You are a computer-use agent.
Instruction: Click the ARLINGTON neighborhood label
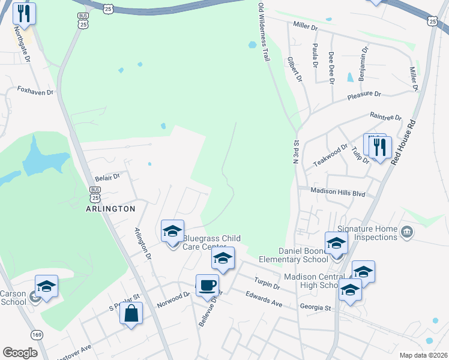pyautogui.click(x=111, y=208)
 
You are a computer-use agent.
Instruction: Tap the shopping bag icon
pyautogui.click(x=131, y=313)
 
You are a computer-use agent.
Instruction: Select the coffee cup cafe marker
pyautogui.click(x=208, y=285)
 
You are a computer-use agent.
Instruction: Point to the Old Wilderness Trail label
pyautogui.click(x=262, y=31)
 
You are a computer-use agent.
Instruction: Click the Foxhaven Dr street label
pyautogui.click(x=35, y=92)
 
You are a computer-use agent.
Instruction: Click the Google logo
pyautogui.click(x=20, y=352)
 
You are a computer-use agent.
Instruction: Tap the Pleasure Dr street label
pyautogui.click(x=366, y=94)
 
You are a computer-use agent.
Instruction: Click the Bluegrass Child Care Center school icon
pyautogui.click(x=172, y=231)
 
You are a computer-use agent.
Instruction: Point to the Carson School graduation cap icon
pyautogui.click(x=46, y=286)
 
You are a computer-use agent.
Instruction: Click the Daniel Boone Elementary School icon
pyautogui.click(x=336, y=242)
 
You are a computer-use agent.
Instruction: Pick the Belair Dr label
pyautogui.click(x=108, y=178)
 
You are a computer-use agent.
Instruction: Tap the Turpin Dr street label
pyautogui.click(x=268, y=284)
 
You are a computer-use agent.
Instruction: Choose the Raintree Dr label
pyautogui.click(x=385, y=117)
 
